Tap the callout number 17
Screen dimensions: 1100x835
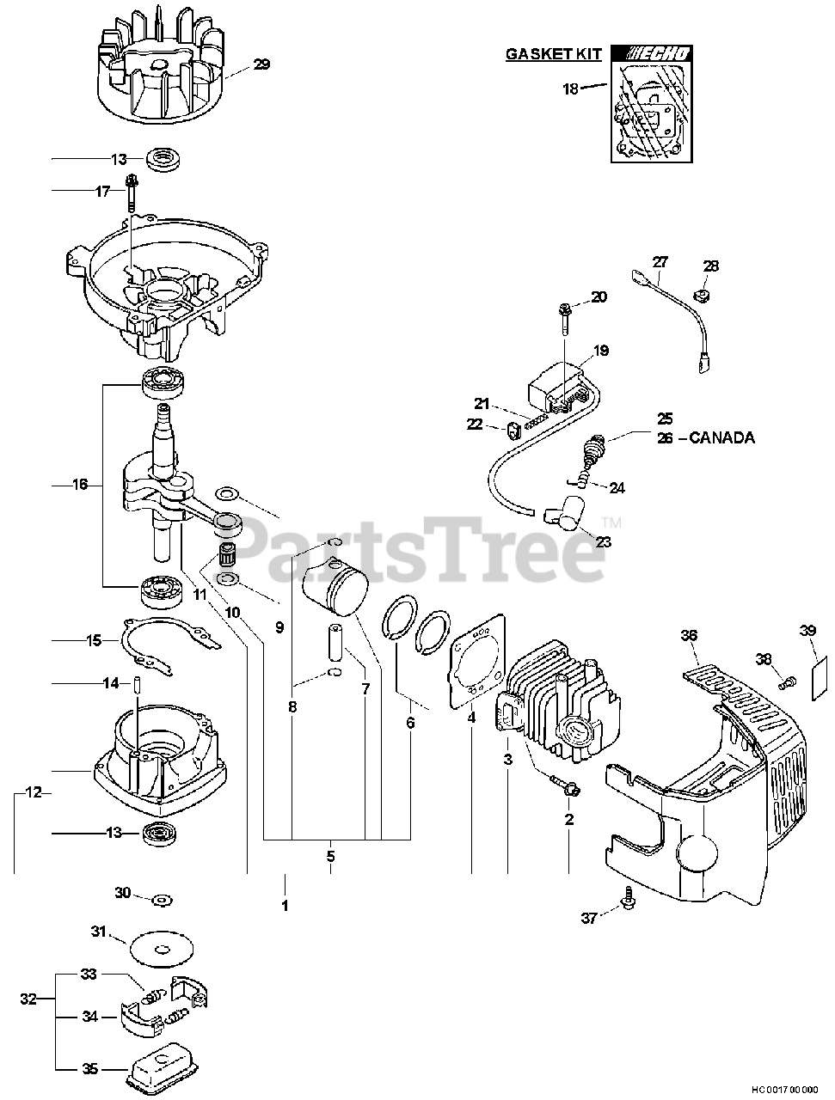tap(103, 191)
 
